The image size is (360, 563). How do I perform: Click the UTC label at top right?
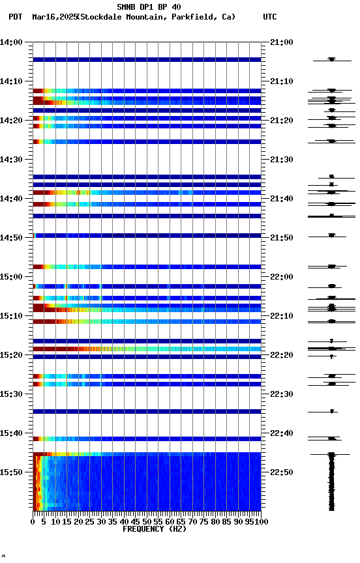pyautogui.click(x=270, y=17)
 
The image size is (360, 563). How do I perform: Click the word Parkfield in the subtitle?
pyautogui.click(x=193, y=17)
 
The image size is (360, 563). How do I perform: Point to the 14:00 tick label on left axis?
pyautogui.click(x=12, y=42)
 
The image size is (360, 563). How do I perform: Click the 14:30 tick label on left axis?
pyautogui.click(x=12, y=160)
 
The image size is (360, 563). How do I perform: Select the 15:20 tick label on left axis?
pyautogui.click(x=12, y=355)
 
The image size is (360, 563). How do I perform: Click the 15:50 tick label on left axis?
pyautogui.click(x=12, y=472)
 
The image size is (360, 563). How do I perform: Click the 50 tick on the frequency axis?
pyautogui.click(x=147, y=522)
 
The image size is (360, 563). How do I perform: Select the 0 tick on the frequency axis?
pyautogui.click(x=33, y=522)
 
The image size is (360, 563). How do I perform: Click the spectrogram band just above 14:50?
pyautogui.click(x=147, y=235)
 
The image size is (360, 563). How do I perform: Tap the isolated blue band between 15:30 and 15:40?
pyautogui.click(x=147, y=411)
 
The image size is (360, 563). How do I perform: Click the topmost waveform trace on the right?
pyautogui.click(x=331, y=59)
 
